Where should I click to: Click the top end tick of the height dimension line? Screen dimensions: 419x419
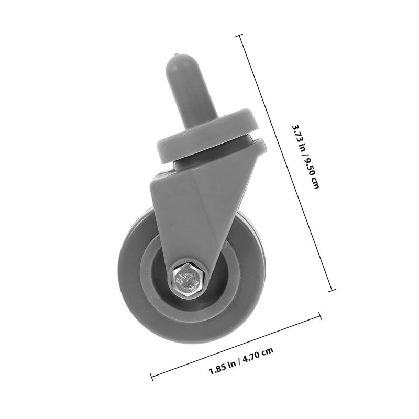240,35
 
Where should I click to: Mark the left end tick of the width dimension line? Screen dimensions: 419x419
151,375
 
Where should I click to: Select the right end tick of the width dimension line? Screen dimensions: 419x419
320,315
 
